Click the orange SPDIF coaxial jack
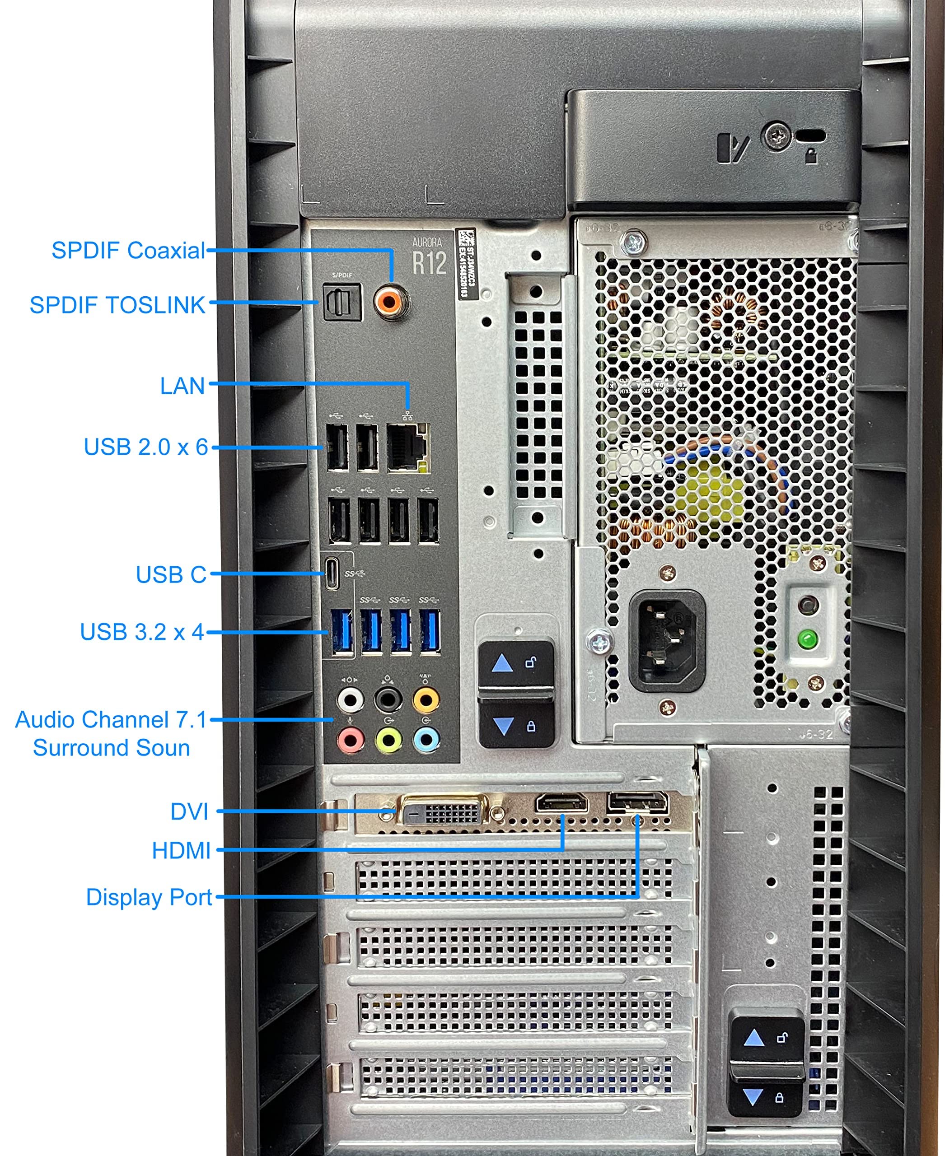(391, 301)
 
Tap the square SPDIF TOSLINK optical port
(342, 302)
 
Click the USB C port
(332, 573)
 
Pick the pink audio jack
(350, 740)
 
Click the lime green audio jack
(388, 740)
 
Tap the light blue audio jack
(426, 740)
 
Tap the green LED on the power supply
(808, 639)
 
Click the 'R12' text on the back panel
(430, 263)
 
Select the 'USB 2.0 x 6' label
(146, 447)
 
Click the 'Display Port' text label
(149, 897)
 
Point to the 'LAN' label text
(182, 386)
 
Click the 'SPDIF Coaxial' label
(128, 250)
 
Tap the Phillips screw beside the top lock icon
(776, 135)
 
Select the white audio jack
(350, 700)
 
